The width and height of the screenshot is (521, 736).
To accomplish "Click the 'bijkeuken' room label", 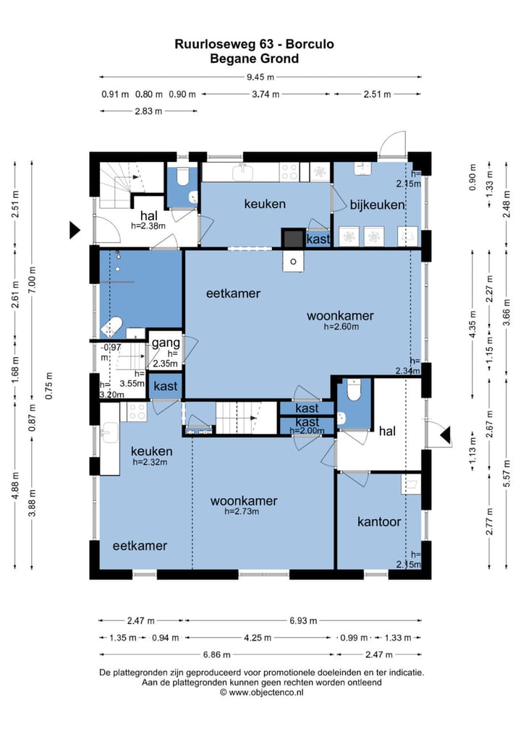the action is click(377, 205).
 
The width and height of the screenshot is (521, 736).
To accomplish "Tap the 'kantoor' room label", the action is click(379, 521).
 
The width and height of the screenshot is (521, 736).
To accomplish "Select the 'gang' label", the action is click(166, 343).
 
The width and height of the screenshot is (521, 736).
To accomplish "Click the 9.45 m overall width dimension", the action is click(260, 77).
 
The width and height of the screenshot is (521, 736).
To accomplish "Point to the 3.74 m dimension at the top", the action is click(266, 94).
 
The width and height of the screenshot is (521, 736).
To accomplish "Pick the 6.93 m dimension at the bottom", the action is click(303, 620).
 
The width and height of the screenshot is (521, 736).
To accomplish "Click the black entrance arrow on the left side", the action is click(75, 230).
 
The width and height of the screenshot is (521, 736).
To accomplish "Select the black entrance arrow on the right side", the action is click(445, 435).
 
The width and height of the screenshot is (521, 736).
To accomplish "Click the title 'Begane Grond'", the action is click(254, 59).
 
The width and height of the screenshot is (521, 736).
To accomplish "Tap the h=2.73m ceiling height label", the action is click(242, 512).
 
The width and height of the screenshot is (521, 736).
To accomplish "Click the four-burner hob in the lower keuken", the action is click(137, 411).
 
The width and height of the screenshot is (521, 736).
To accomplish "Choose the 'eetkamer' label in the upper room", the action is click(233, 294).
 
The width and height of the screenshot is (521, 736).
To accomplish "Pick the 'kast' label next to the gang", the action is click(166, 386).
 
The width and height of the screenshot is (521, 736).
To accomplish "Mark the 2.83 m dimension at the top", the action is click(148, 111).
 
